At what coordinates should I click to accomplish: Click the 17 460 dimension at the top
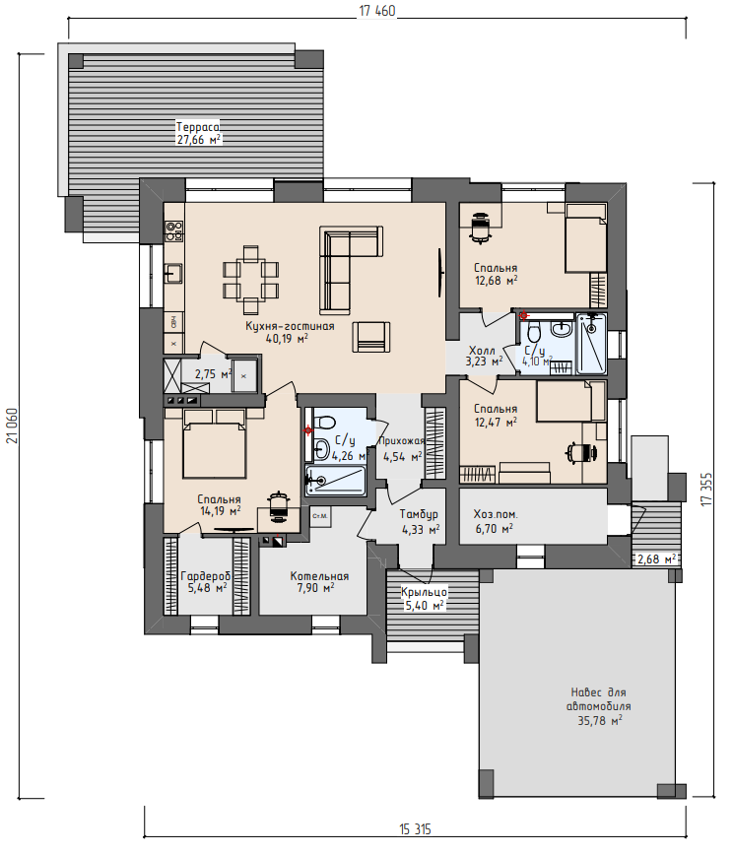[x=377, y=11]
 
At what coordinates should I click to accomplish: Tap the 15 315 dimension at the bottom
[x=415, y=829]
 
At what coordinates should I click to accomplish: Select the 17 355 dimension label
[x=706, y=490]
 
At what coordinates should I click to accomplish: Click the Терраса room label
[x=198, y=127]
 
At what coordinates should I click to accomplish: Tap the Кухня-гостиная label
[x=290, y=326]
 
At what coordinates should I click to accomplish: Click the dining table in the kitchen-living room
[x=250, y=280]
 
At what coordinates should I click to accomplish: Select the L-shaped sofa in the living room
[x=351, y=271]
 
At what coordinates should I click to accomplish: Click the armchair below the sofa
[x=371, y=338]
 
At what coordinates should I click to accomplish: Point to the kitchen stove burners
[x=173, y=231]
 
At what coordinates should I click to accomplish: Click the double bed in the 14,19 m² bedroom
[x=214, y=444]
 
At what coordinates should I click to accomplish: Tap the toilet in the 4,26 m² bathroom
[x=325, y=423]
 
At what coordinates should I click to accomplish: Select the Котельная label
[x=319, y=576]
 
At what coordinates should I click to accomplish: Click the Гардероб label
[x=206, y=576]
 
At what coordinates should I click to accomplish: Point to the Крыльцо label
[x=424, y=592]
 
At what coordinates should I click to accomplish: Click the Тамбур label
[x=419, y=514]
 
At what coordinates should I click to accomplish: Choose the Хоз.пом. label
[x=496, y=514]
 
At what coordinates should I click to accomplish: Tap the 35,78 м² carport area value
[x=599, y=721]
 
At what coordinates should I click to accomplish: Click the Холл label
[x=482, y=350]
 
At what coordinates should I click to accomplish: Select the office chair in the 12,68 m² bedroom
[x=481, y=229]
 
